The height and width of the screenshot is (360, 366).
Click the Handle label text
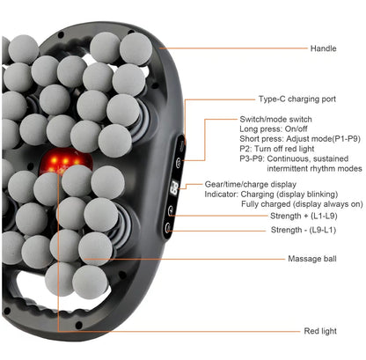(x=323, y=48)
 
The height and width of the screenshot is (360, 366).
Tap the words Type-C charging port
(x=297, y=99)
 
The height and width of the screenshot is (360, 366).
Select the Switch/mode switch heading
(x=275, y=120)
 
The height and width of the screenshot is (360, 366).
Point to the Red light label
(x=320, y=331)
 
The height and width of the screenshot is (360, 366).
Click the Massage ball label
(x=312, y=259)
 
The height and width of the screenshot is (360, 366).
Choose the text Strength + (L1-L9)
(x=304, y=216)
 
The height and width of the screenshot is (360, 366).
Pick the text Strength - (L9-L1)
(x=304, y=230)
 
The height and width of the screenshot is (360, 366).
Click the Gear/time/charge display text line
(x=251, y=185)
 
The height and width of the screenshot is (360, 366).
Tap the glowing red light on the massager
(x=65, y=161)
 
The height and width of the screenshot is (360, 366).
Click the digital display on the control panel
(x=174, y=188)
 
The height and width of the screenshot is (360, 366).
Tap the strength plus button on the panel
(x=171, y=210)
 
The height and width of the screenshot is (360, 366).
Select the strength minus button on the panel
(x=168, y=228)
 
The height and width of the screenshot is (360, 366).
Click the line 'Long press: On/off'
(x=274, y=129)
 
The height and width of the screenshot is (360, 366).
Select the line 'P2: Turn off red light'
(x=277, y=149)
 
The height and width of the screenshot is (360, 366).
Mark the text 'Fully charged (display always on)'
(x=302, y=204)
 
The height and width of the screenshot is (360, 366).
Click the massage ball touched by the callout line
(x=95, y=249)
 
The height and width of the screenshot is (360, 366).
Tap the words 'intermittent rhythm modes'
(x=314, y=169)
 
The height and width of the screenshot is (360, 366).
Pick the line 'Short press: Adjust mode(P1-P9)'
(x=300, y=139)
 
